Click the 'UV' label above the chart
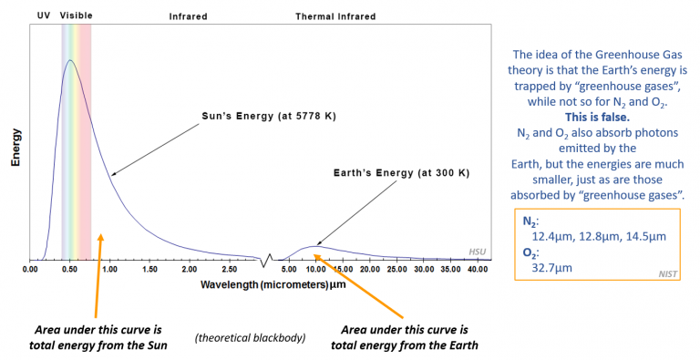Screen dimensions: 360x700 point(43,16)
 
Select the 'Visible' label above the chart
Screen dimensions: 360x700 point(76,16)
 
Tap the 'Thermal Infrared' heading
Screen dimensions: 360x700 point(335,16)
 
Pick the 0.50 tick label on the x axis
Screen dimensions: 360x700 point(69,270)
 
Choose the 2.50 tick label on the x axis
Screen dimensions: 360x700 point(228,270)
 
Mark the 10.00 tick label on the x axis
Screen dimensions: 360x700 point(314,270)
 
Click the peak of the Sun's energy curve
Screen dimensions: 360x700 point(69,60)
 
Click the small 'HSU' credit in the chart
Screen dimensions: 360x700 point(478,252)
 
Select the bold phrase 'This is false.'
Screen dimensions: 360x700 point(600,118)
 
